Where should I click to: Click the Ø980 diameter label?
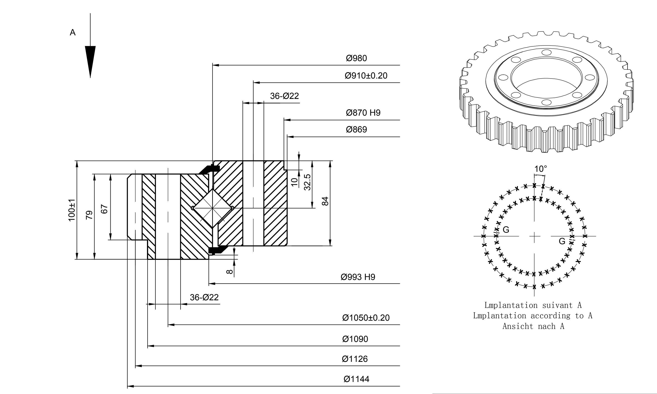tap(356, 58)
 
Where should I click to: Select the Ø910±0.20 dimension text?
tap(366, 76)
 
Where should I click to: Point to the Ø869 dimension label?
tap(356, 130)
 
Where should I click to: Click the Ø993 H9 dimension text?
tap(358, 277)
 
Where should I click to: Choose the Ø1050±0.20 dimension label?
tap(366, 318)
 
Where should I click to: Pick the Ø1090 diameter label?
tap(355, 339)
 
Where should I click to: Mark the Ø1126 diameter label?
tap(355, 359)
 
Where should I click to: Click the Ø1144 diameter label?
tap(356, 379)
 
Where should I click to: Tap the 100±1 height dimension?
tap(72, 210)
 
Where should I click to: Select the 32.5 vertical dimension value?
tap(307, 182)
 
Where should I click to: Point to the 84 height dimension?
tap(325, 201)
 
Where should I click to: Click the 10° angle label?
tap(540, 169)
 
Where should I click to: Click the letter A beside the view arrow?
tap(72, 32)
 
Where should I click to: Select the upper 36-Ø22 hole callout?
tap(284, 96)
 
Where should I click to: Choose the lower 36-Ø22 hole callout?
tap(204, 297)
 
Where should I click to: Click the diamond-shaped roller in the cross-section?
tap(212, 208)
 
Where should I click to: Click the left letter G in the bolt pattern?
tap(506, 230)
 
